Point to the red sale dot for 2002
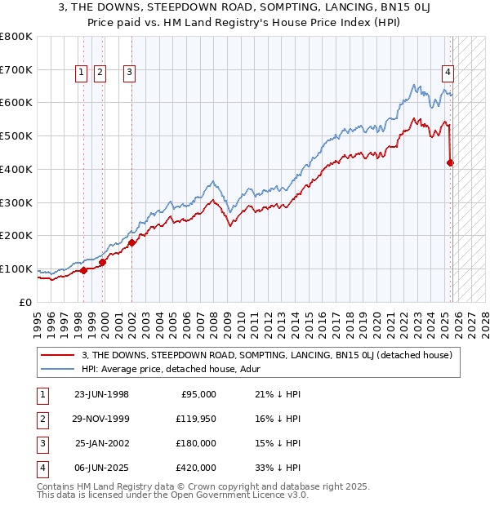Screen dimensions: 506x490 pos(131,242)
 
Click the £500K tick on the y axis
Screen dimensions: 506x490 pos(16,136)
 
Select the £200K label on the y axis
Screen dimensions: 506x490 pos(16,236)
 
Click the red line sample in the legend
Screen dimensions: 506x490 pos(58,354)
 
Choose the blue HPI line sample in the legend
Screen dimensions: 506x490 pos(58,368)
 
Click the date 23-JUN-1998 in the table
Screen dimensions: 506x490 pos(101,394)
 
